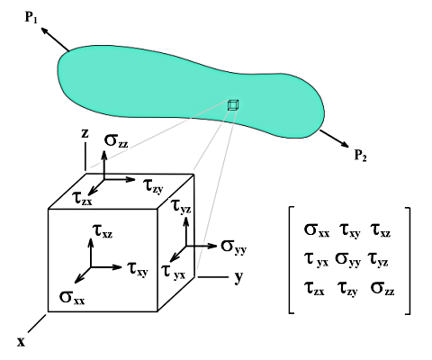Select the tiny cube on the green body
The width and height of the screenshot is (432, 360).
pos(234,105)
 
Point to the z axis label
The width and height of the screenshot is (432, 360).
pos(84,133)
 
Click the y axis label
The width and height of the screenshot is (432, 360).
pos(238,278)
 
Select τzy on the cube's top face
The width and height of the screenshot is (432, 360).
pos(153,184)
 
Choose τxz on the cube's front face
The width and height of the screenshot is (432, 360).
pos(103,232)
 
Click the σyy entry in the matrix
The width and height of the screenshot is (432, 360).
pos(353,259)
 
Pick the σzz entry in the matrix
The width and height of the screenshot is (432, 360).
pos(389,290)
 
